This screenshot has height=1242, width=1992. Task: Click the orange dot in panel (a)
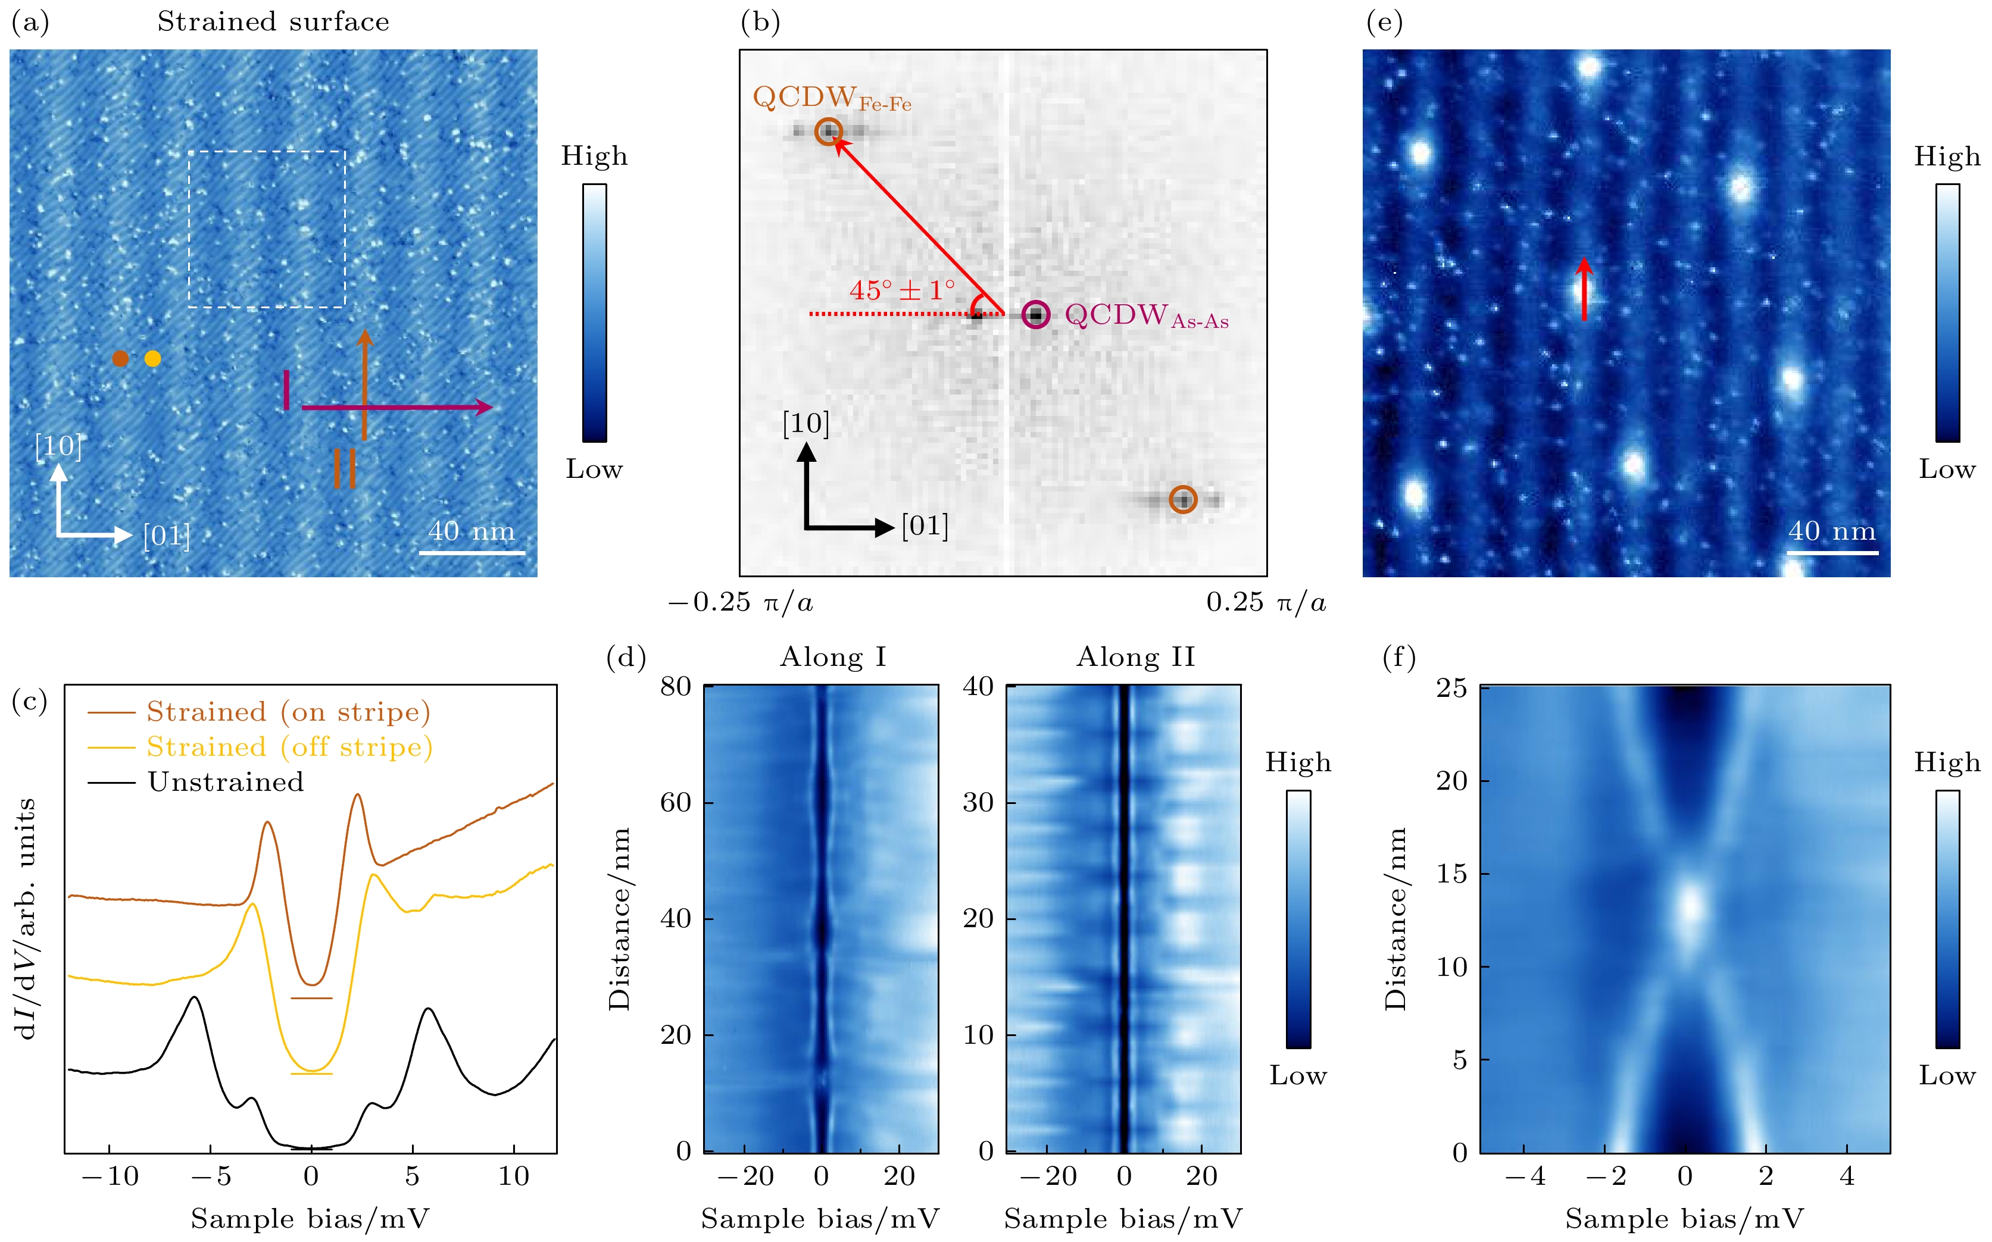point(120,358)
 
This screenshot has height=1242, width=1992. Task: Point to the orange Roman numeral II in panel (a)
point(344,468)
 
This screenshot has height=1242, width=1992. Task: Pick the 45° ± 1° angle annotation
point(901,290)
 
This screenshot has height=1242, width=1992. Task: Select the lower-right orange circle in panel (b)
point(1182,499)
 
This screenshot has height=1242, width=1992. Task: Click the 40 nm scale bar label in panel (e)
point(1832,531)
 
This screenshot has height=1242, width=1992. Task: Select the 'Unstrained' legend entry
point(225,781)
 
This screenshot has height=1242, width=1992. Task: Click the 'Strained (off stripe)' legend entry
point(289,747)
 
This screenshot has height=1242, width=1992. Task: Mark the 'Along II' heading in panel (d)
point(1135,657)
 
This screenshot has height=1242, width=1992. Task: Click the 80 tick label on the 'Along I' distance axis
point(676,686)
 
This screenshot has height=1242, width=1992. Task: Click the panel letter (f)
point(1398,657)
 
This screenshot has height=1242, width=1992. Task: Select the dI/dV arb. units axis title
point(26,918)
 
